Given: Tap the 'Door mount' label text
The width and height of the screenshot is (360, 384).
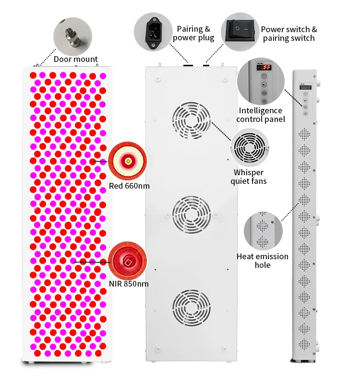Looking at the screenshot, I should coord(75,60).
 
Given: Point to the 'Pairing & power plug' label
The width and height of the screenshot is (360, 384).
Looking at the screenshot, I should coord(193,34).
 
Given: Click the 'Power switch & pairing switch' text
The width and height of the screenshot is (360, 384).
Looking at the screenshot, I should coord(289,34).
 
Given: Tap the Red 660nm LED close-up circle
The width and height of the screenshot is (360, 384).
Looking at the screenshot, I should coord(128,161).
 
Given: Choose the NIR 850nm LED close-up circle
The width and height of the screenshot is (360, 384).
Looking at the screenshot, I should coord(128,261).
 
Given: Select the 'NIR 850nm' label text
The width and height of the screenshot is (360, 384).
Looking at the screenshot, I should coord(128,284).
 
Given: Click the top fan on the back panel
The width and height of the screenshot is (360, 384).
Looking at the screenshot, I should coord(192,121).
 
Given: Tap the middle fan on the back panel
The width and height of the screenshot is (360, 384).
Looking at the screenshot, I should coord(192,214).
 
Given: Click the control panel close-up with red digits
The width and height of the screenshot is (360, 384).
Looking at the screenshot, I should coord(262,82).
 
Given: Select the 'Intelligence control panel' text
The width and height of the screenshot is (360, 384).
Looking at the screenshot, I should coord(261,115).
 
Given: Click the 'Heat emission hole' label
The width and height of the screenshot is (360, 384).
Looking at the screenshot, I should coord(263,261).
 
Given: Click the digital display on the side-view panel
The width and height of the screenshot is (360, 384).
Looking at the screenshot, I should coord(305,88).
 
